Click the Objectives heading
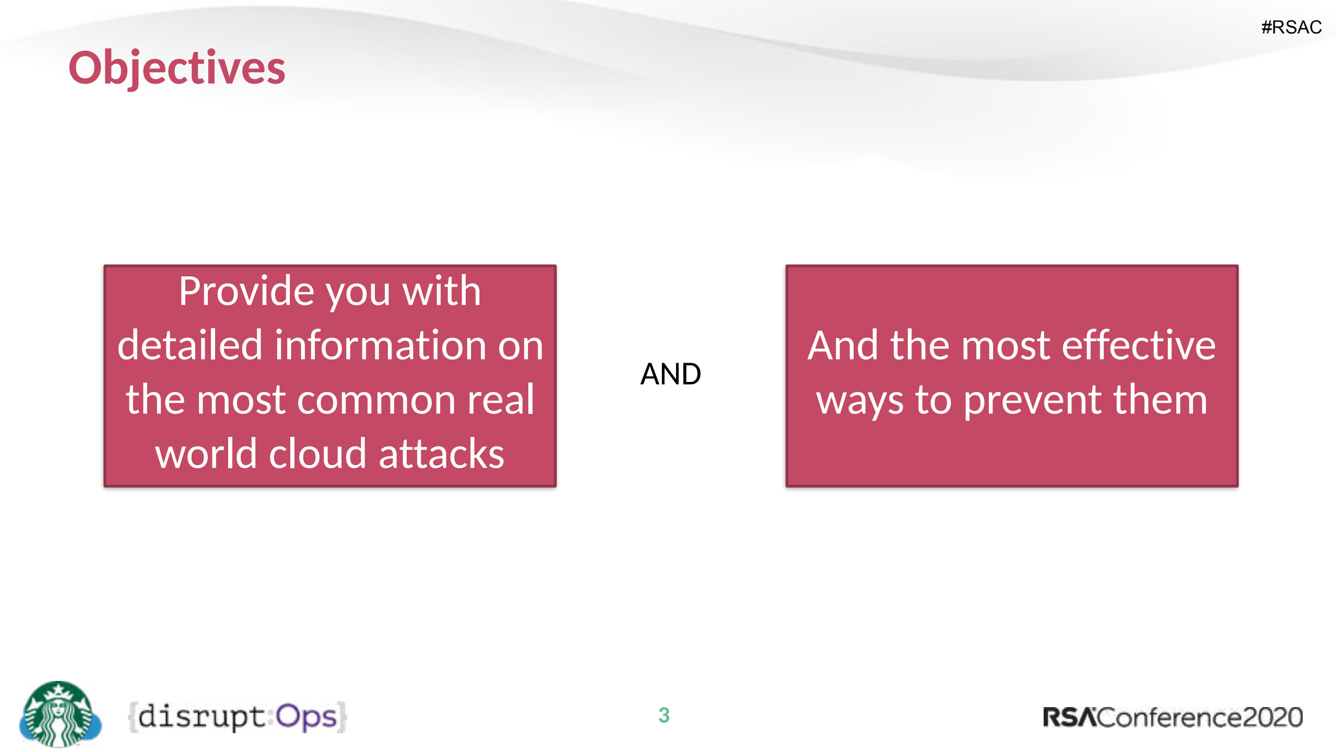click(176, 68)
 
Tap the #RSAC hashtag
click(1291, 27)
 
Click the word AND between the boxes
click(670, 374)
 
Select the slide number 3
click(664, 715)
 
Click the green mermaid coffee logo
click(60, 714)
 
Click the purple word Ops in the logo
click(306, 716)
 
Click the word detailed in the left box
click(190, 345)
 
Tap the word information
click(380, 345)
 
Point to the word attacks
click(441, 454)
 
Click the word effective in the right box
click(1139, 345)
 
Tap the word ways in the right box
click(859, 401)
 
